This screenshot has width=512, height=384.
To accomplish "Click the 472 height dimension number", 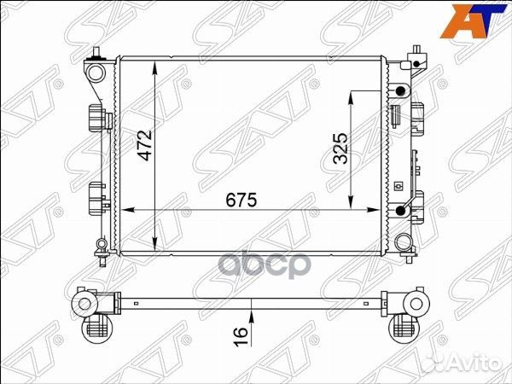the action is [x=145, y=145].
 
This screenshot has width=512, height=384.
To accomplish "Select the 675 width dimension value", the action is [x=241, y=200].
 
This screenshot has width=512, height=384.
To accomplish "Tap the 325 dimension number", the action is [x=340, y=148].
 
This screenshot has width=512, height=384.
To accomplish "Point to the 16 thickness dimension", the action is [x=241, y=336].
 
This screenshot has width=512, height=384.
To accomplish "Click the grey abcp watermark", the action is [x=264, y=265].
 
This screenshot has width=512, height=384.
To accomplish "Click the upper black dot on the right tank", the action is [x=400, y=91].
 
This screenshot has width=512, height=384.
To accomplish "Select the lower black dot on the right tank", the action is [x=400, y=211].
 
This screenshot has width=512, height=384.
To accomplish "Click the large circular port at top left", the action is [x=96, y=73].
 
